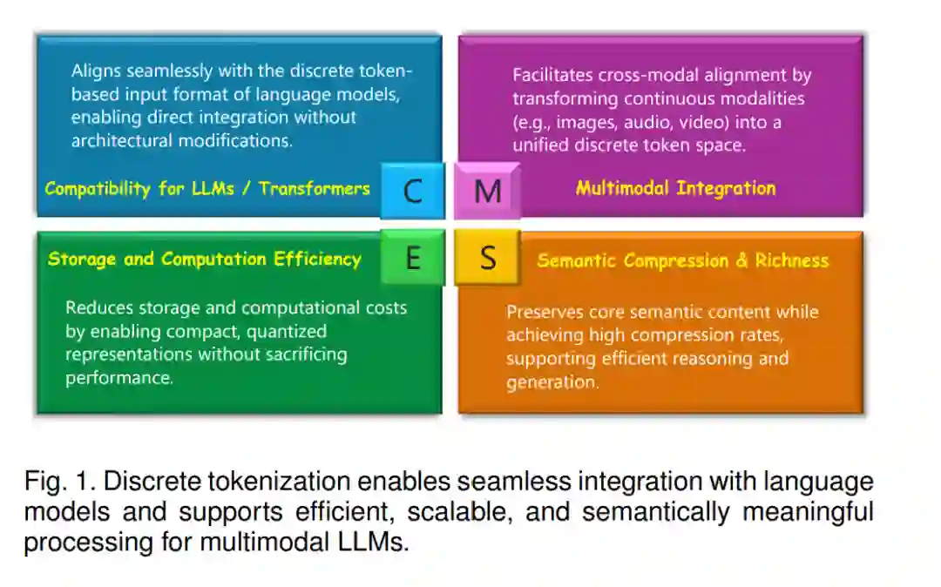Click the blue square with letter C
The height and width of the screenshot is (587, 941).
412,190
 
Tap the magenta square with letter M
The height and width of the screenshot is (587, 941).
487,190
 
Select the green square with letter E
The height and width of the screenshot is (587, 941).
412,258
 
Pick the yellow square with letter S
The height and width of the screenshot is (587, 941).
488,258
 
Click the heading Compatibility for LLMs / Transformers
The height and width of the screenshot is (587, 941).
207,188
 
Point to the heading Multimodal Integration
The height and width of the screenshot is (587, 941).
675,188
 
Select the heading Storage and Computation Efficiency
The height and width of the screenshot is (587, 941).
204,259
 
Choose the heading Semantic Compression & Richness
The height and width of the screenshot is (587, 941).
682,260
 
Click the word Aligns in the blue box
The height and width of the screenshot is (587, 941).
97,71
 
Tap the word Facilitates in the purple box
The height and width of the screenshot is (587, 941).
552,76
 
